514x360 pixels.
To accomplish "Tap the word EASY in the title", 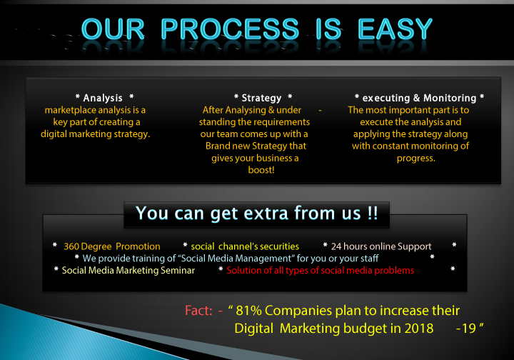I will (395, 29).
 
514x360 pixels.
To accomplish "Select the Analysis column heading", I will (104, 98).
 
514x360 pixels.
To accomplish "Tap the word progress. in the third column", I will (415, 158).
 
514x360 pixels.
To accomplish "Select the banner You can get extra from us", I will (256, 213).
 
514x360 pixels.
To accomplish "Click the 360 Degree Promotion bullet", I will (111, 246).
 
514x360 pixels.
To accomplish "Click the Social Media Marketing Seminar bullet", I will (128, 270).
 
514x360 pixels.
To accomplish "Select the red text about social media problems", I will (320, 270).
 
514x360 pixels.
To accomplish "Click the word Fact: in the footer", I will (198, 311).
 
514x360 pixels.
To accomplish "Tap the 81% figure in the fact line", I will (254, 311).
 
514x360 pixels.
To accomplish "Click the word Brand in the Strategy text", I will (218, 146).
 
